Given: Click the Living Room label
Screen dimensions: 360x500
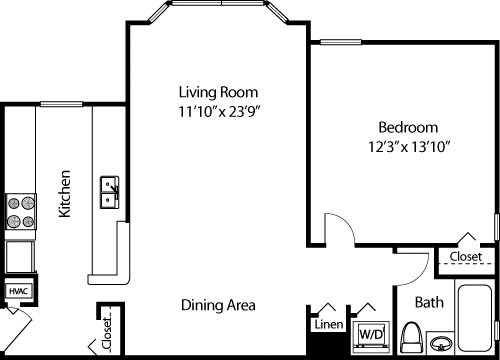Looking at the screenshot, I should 213,88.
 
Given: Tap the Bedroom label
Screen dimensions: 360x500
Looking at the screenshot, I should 407,127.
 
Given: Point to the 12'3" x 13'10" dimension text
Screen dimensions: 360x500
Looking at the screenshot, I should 407,149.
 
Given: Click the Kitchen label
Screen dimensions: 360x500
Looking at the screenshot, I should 64,195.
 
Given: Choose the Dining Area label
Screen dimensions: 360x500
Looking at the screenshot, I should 219,305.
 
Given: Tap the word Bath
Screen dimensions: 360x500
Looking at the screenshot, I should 428,300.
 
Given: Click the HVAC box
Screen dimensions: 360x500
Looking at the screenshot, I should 18,291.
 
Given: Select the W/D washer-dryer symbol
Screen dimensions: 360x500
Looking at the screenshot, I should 371,332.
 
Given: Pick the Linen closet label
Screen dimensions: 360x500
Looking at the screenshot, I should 328,325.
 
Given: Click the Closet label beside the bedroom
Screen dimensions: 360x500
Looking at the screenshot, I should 465,257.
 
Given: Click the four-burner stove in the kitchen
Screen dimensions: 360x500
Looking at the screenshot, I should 20,211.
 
